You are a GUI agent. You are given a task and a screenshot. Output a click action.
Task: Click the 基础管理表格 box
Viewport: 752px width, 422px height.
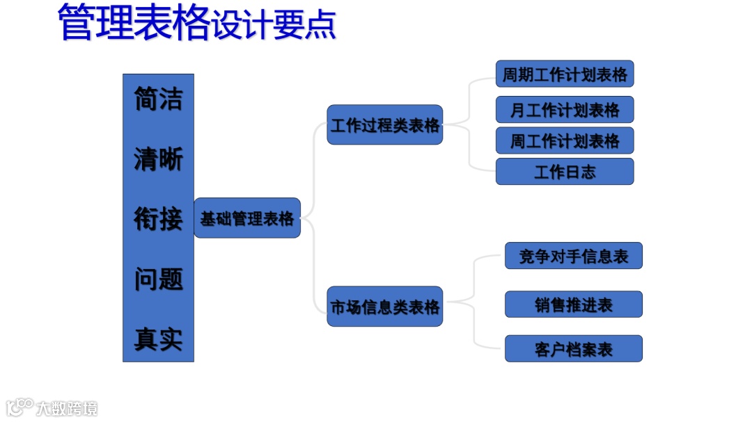pyautogui.click(x=247, y=218)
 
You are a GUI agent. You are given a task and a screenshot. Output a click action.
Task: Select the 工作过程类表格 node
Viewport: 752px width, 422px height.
pyautogui.click(x=384, y=125)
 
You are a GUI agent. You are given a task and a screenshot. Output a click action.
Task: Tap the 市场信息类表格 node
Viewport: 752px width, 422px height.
pyautogui.click(x=384, y=307)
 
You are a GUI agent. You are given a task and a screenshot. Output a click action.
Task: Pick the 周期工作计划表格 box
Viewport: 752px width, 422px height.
pyautogui.click(x=565, y=74)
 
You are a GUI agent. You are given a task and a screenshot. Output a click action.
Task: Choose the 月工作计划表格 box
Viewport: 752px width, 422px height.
pyautogui.click(x=565, y=110)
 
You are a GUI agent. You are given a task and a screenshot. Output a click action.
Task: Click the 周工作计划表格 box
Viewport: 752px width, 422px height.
pyautogui.click(x=565, y=140)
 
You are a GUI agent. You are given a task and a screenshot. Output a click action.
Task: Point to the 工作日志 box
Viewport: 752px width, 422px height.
pyautogui.click(x=565, y=172)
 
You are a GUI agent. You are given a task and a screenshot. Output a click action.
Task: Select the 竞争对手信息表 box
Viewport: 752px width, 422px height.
pyautogui.click(x=573, y=256)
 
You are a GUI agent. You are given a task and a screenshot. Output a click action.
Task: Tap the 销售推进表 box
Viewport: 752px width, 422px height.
pyautogui.click(x=573, y=305)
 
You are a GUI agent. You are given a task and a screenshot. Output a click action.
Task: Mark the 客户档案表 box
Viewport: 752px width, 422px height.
pyautogui.click(x=573, y=348)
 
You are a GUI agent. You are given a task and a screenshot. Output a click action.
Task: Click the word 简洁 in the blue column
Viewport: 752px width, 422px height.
pyautogui.click(x=158, y=99)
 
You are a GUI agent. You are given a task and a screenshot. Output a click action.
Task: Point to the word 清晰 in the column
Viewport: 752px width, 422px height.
pyautogui.click(x=158, y=159)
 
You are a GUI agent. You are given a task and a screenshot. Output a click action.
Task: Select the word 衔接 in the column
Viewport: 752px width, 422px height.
pyautogui.click(x=158, y=219)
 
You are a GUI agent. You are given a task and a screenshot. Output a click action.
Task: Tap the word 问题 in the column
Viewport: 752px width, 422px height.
pyautogui.click(x=158, y=279)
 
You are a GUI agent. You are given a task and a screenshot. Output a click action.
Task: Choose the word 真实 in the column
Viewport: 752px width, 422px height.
pyautogui.click(x=158, y=339)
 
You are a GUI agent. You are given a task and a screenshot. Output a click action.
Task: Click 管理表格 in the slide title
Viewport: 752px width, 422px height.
pyautogui.click(x=133, y=23)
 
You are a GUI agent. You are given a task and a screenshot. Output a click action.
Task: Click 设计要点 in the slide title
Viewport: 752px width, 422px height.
pyautogui.click(x=274, y=26)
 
